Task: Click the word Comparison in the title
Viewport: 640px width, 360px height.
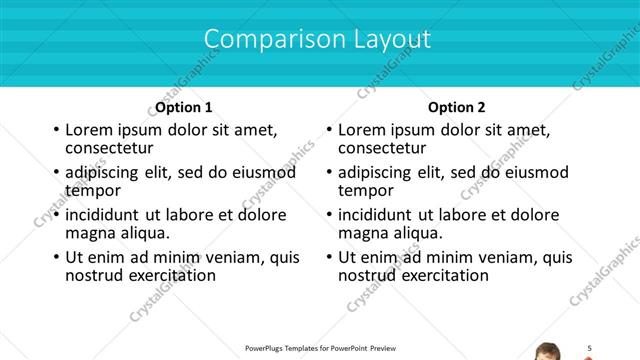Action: click(x=262, y=39)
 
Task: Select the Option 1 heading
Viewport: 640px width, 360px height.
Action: click(x=184, y=107)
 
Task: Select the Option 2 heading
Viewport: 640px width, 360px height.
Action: click(x=457, y=107)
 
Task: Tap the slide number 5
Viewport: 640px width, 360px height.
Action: click(x=590, y=347)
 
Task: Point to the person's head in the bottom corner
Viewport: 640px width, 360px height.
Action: click(x=548, y=352)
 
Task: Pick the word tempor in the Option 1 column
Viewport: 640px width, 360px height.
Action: click(x=93, y=190)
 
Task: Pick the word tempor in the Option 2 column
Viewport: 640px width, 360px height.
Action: click(x=366, y=190)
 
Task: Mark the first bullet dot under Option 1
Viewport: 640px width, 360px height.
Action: click(x=56, y=130)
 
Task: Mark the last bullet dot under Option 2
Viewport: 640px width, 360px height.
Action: click(x=329, y=257)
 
